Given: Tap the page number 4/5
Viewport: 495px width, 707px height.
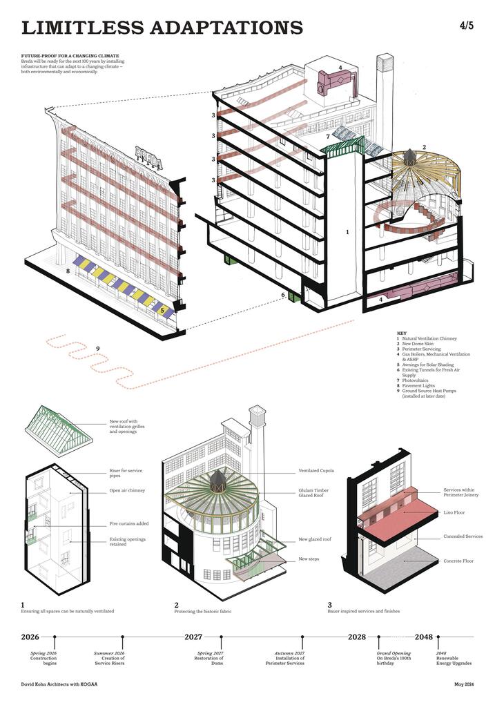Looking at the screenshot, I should pyautogui.click(x=466, y=26).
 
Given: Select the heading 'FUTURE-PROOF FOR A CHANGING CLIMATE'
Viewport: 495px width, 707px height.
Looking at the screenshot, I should pyautogui.click(x=70, y=55).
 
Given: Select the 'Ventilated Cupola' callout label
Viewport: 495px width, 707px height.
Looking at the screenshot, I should pyautogui.click(x=316, y=471).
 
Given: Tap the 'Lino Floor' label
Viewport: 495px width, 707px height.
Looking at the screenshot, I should pyautogui.click(x=456, y=513).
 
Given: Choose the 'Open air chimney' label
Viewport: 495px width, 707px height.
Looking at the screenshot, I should pyautogui.click(x=126, y=491).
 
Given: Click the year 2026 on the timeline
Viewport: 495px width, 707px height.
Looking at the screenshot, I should pyautogui.click(x=30, y=637).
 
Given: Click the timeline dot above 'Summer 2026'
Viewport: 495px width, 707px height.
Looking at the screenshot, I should pyautogui.click(x=122, y=637).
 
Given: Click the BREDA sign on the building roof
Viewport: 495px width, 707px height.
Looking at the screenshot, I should pyautogui.click(x=148, y=157).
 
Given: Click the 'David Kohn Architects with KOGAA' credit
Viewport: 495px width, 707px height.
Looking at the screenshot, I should pyautogui.click(x=62, y=685).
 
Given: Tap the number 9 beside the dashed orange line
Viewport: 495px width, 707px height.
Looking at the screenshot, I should pyautogui.click(x=98, y=348).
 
